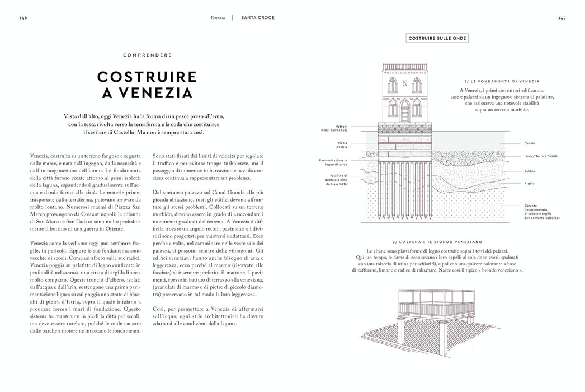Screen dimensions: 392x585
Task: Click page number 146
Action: [x=23, y=17]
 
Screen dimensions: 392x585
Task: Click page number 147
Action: [x=562, y=17]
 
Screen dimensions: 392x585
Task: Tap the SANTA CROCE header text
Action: [x=258, y=17]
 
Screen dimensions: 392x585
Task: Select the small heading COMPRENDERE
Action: [x=148, y=55]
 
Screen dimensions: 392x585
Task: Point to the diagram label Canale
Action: [x=529, y=143]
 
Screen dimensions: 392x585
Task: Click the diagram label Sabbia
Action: [x=529, y=171]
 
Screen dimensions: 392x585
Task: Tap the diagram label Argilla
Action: [x=529, y=183]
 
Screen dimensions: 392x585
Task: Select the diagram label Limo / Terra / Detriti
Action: [x=541, y=156]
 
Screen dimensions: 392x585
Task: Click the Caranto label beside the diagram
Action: [x=531, y=206]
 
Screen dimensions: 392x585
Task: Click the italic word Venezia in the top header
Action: [x=218, y=17]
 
